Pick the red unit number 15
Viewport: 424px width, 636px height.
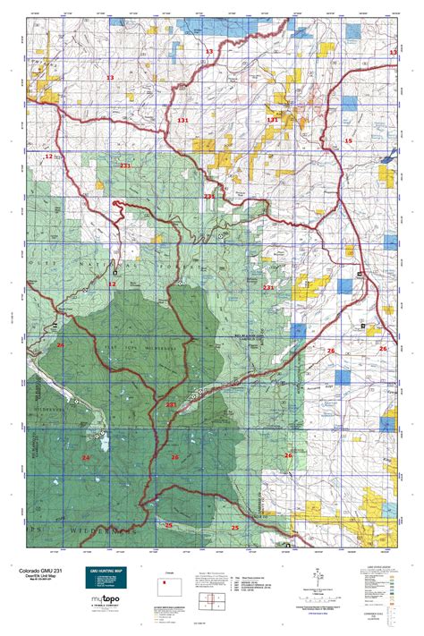(349, 142)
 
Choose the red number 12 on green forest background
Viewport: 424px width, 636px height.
(113, 284)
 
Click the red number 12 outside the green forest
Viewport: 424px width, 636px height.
(48, 157)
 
